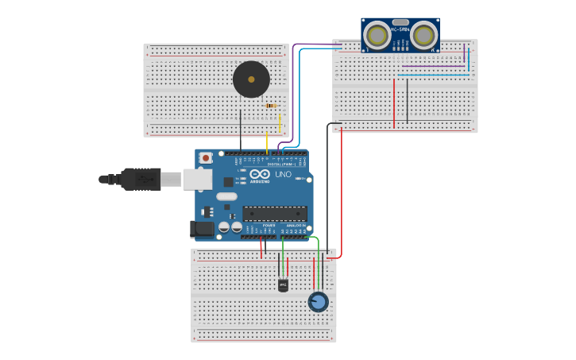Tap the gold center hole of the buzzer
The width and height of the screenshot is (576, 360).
[x=251, y=79]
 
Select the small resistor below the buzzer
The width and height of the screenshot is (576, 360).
[x=271, y=106]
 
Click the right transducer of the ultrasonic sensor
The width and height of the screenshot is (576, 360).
[x=424, y=34]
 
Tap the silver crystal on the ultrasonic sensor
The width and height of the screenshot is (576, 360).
[x=400, y=22]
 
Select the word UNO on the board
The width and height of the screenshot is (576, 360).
[x=283, y=175]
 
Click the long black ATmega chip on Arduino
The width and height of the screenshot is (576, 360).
[x=275, y=213]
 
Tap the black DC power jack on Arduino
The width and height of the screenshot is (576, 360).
[x=203, y=230]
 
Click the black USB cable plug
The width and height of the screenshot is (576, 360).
[x=140, y=180]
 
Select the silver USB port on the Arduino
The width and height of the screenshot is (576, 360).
[x=197, y=180]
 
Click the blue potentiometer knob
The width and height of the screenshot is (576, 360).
[x=318, y=302]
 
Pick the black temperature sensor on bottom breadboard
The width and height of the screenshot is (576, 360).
[x=283, y=285]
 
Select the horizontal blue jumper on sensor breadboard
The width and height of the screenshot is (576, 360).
[x=433, y=75]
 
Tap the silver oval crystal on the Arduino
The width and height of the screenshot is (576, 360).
[x=226, y=196]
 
